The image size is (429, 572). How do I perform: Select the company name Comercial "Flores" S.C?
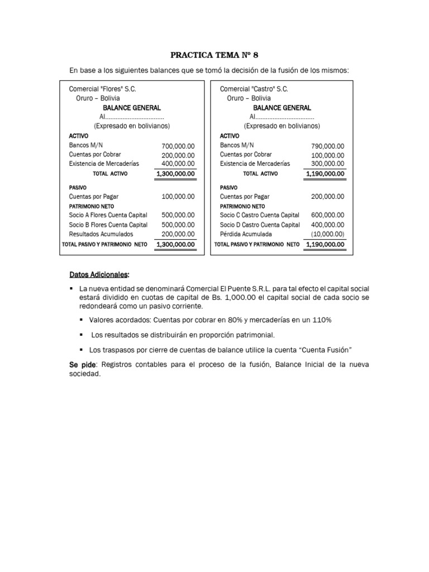(x=102, y=89)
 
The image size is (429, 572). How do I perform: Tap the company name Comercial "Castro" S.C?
(x=254, y=89)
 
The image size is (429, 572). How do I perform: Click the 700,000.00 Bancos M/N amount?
(x=178, y=146)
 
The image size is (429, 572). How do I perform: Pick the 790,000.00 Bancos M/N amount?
(x=328, y=146)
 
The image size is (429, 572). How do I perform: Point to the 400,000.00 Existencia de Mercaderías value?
(x=178, y=164)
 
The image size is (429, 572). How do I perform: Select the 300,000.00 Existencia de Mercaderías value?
(x=328, y=164)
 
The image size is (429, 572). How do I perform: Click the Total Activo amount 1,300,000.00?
(x=176, y=174)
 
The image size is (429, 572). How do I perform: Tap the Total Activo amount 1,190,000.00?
(x=326, y=174)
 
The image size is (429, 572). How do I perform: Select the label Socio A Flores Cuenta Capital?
(x=108, y=215)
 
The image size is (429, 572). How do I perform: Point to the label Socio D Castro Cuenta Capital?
(x=260, y=225)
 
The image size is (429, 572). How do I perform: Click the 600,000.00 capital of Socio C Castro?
(x=328, y=215)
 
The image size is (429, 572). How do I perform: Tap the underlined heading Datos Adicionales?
(x=99, y=275)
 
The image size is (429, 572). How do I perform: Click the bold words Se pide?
(x=81, y=364)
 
